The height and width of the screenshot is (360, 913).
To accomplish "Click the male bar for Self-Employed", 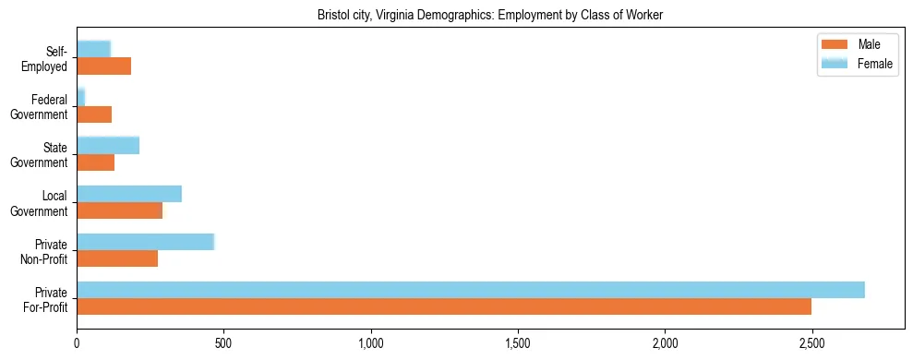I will pyautogui.click(x=104, y=66).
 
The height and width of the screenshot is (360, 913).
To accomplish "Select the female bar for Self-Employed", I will pyautogui.click(x=93, y=49).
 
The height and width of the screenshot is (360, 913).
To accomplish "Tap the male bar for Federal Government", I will pyautogui.click(x=94, y=114).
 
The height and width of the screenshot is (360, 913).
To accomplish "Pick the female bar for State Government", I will pyautogui.click(x=108, y=145).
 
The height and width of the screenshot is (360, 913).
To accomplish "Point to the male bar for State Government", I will pyautogui.click(x=96, y=162).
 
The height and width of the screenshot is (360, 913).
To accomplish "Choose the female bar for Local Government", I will pyautogui.click(x=129, y=193).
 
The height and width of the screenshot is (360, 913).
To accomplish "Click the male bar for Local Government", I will pyautogui.click(x=120, y=210).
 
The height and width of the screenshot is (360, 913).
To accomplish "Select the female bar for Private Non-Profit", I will pyautogui.click(x=146, y=241).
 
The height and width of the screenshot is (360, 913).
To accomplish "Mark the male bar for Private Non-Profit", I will pyautogui.click(x=117, y=258).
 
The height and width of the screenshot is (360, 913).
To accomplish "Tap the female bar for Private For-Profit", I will pyautogui.click(x=471, y=289).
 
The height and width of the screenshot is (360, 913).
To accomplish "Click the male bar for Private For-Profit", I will pyautogui.click(x=444, y=306).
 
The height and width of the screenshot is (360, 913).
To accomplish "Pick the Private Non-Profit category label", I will pyautogui.click(x=43, y=251).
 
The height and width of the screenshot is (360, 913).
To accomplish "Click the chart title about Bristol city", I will pyautogui.click(x=490, y=16).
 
